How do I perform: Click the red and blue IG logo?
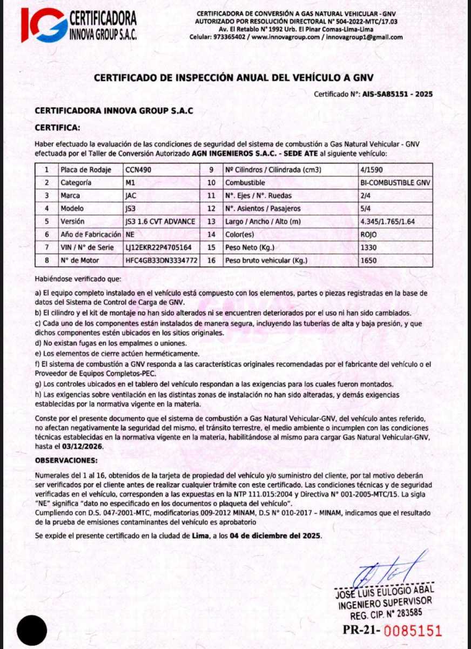[44, 24]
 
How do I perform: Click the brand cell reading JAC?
[131, 196]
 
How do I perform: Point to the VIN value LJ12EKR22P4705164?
[158, 247]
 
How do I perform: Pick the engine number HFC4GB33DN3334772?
[160, 260]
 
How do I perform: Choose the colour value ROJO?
[368, 234]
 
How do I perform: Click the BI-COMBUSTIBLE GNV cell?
[395, 183]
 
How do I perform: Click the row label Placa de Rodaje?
[86, 170]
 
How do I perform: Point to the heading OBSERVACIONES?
[66, 460]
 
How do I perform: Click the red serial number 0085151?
[413, 631]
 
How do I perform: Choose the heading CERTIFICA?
[57, 128]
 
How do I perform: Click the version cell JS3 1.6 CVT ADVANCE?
[160, 221]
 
